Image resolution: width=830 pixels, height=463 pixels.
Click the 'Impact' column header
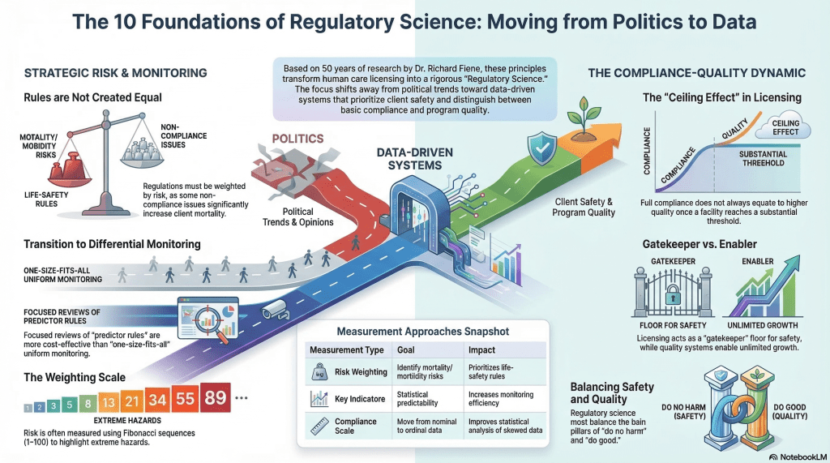(x=482, y=349)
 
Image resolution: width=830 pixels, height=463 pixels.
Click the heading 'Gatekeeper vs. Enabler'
(x=696, y=242)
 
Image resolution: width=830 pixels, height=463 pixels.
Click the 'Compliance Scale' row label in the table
(x=355, y=427)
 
